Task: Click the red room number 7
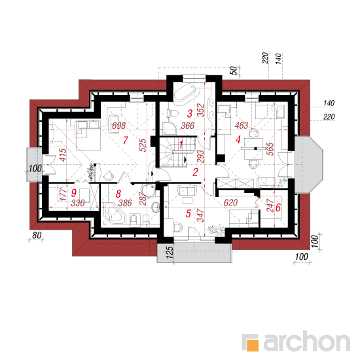tap(126, 140)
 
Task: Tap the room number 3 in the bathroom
tap(190, 113)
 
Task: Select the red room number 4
tap(238, 139)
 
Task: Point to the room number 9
tap(74, 193)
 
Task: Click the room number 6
tap(278, 207)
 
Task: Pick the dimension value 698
tap(119, 126)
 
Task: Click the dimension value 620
tap(230, 203)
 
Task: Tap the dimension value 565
tap(271, 149)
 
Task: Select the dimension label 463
tap(242, 126)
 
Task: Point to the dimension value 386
tap(125, 203)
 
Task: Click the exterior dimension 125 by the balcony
tap(170, 253)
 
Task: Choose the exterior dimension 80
tap(37, 235)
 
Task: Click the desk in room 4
tap(253, 149)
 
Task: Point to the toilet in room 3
tap(172, 113)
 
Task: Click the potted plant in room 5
tap(216, 230)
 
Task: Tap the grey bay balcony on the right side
tap(309, 164)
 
